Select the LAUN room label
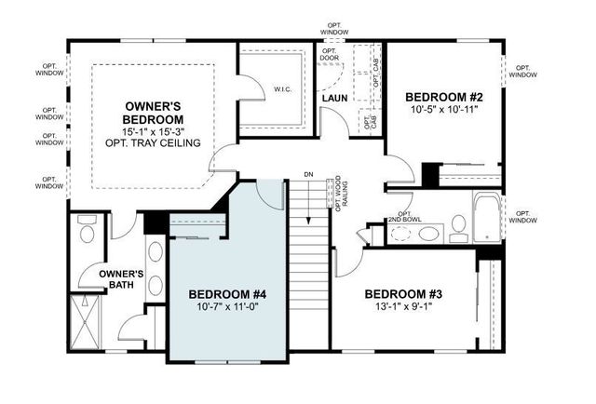pos(334,98)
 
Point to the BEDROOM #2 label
pos(442,96)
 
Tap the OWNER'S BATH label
pos(121,279)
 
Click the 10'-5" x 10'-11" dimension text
pos(442,110)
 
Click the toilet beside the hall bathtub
pos(458,223)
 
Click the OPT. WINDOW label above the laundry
pos(335,30)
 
